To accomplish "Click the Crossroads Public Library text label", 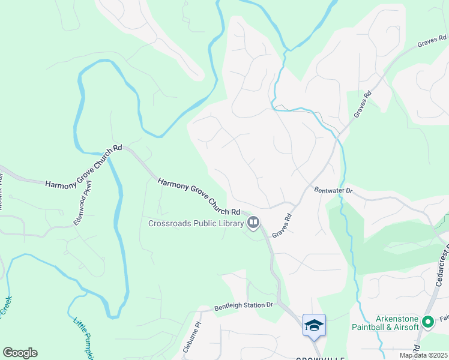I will click(x=196, y=224).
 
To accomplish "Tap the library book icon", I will click(x=253, y=224).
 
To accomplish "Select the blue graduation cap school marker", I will click(x=314, y=326).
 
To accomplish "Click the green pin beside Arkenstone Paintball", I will click(x=428, y=323).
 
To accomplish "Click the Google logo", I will click(x=20, y=353).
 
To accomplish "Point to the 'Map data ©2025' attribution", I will click(x=423, y=355).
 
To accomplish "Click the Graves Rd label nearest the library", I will click(x=282, y=226).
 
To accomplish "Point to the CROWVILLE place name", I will click(x=320, y=358).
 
